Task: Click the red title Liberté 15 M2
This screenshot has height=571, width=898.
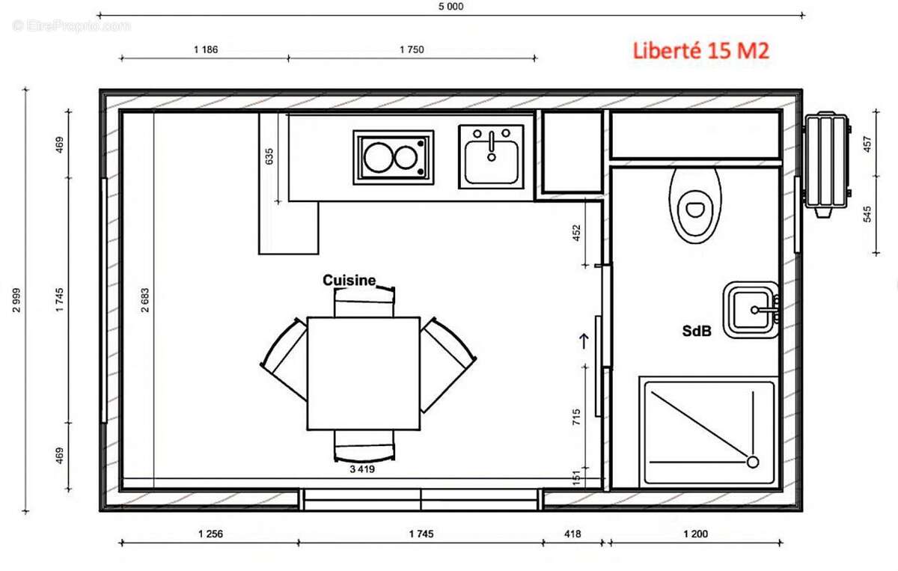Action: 700,51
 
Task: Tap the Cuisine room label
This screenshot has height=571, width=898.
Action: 349,280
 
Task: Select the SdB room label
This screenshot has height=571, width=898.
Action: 696,330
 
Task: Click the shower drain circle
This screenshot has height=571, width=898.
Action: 752,462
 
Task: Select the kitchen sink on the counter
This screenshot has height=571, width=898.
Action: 491,156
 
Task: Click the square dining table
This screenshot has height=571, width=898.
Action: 363,373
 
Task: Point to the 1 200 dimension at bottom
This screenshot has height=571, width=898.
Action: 695,534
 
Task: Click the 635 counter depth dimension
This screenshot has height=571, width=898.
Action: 269,156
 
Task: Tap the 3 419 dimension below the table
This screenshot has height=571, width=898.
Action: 361,470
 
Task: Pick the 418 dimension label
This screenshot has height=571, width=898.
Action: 572,534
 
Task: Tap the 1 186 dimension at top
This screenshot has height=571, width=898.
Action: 205,50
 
